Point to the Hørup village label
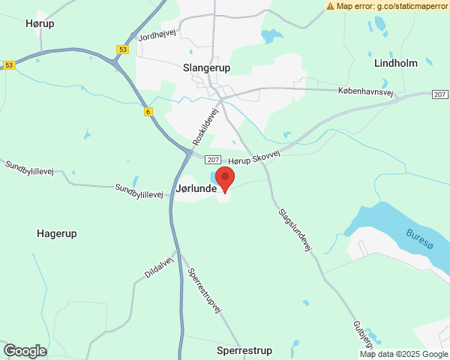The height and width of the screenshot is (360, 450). pos(40,23)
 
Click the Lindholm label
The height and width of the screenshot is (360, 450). pos(395,63)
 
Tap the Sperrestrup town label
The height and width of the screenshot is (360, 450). pos(244,350)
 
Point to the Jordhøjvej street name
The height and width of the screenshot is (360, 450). pos(156,34)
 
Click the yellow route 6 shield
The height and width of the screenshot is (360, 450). pos(148,112)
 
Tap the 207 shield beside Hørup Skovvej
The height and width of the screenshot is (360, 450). pos(213,160)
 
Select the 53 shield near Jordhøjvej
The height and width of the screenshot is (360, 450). pos(122,49)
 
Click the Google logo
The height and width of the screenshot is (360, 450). pos(25,350)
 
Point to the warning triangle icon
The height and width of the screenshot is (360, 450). pos(331,6)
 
